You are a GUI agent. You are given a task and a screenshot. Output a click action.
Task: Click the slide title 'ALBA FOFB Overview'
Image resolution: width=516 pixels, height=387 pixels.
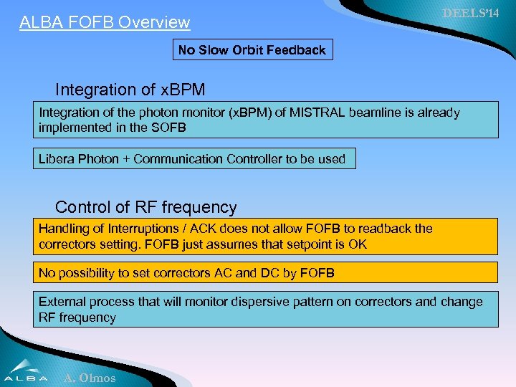click(x=105, y=22)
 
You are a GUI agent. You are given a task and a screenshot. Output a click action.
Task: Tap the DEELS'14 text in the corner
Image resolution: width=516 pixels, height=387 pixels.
click(x=470, y=14)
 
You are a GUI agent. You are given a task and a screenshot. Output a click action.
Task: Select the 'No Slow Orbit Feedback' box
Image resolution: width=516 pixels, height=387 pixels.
click(x=252, y=50)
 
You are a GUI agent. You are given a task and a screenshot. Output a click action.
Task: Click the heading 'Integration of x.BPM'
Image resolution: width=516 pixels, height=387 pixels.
click(x=130, y=90)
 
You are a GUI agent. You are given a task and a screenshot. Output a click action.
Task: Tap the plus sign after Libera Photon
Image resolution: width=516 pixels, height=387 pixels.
click(x=126, y=159)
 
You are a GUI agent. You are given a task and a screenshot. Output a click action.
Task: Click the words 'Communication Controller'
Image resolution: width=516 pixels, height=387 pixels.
click(x=200, y=159)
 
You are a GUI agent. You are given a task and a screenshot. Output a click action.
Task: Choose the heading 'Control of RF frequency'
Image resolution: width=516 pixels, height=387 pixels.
click(x=145, y=207)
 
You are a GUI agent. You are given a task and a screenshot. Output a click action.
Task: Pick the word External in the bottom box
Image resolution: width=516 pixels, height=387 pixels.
click(x=62, y=302)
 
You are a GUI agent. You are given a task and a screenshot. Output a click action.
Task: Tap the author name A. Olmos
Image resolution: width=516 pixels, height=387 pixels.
click(x=90, y=378)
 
